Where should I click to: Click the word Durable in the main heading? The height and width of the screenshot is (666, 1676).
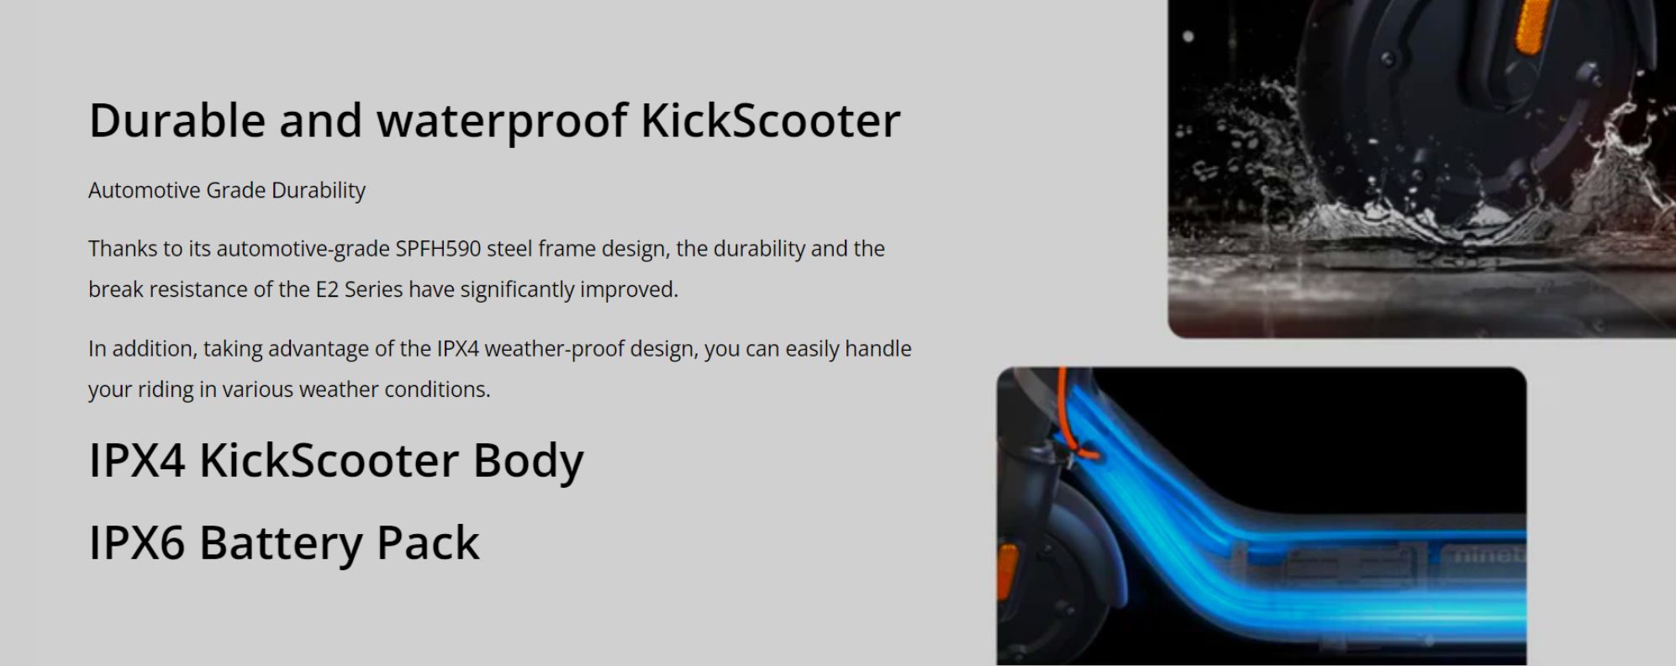[x=177, y=120]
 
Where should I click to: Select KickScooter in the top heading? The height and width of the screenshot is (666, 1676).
[x=771, y=120]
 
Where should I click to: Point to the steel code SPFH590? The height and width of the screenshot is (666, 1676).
[x=438, y=249]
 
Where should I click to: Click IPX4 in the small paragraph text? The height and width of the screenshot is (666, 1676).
[x=457, y=349]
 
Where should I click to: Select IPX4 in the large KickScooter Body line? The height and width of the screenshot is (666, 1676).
[x=137, y=461]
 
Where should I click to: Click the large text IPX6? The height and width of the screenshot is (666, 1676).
[x=137, y=542]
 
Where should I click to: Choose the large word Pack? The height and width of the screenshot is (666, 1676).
[x=428, y=542]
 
